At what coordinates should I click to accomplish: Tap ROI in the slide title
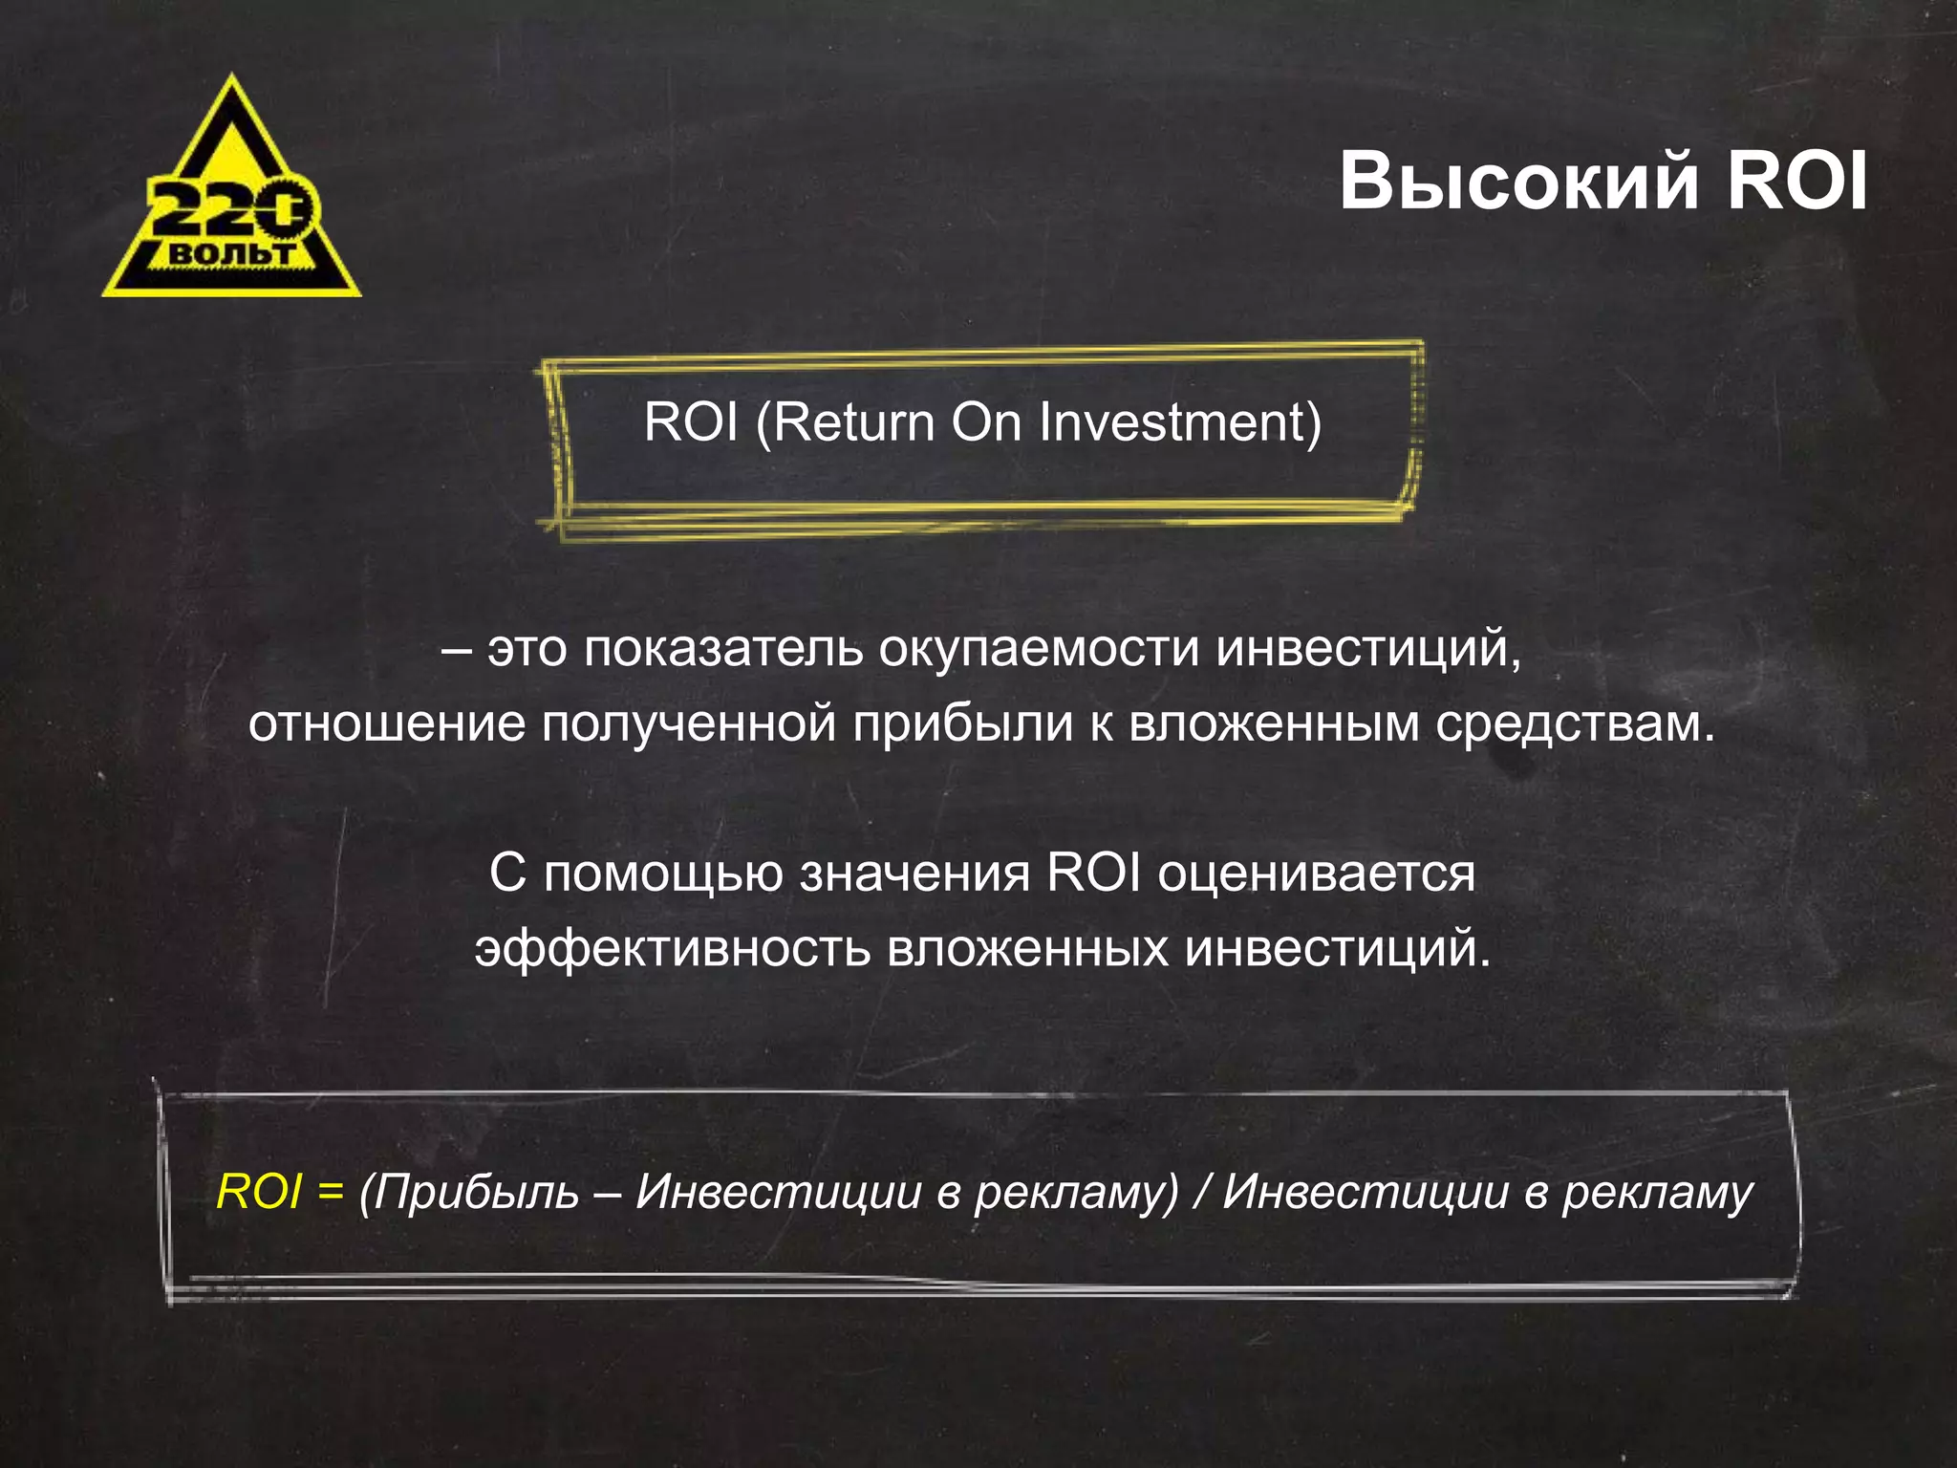pos(1796,182)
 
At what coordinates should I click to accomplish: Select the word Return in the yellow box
pos(854,422)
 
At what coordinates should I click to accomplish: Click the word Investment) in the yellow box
pos(1179,422)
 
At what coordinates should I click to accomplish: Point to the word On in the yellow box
pos(987,422)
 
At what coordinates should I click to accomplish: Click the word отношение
pos(386,723)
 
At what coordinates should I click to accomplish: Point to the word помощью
pos(663,874)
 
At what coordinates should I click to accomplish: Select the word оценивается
pos(1317,874)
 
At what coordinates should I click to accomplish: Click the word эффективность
pos(673,949)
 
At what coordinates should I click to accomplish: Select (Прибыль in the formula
pos(469,1192)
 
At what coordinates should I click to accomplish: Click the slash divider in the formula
pos(1201,1192)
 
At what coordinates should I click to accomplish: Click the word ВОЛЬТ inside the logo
pos(233,254)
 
